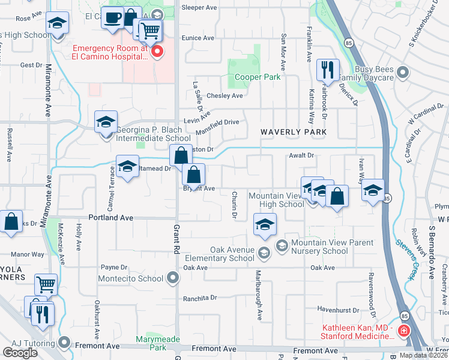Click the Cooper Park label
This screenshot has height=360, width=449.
click(x=258, y=77)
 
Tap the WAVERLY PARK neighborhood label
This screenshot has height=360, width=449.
click(x=293, y=132)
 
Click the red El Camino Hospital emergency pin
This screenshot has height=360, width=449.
click(x=158, y=52)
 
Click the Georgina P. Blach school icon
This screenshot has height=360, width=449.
click(x=106, y=122)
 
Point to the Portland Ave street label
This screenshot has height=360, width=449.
click(x=110, y=218)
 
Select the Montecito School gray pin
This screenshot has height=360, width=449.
click(x=173, y=278)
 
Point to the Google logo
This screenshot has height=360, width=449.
click(x=20, y=353)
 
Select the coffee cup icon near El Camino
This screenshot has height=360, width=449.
click(x=112, y=17)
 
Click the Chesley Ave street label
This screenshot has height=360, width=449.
click(x=224, y=96)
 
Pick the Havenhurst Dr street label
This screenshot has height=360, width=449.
click(x=338, y=310)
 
